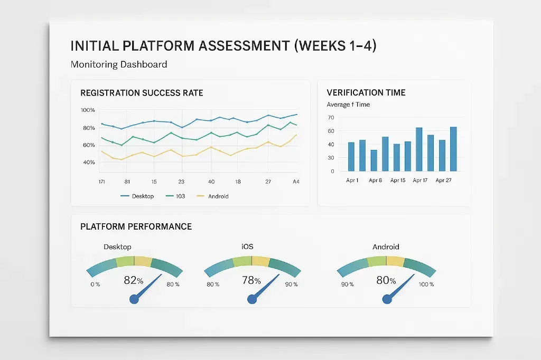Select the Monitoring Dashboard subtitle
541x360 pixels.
coord(119,64)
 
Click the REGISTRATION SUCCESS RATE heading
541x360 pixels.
coord(142,93)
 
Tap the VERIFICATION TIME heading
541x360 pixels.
coord(366,92)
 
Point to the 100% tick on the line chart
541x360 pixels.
coord(88,110)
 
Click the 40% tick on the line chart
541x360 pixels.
coord(88,162)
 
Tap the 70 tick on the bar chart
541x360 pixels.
coord(331,118)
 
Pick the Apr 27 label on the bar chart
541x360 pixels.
coord(443,181)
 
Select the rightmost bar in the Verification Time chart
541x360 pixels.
coord(453,149)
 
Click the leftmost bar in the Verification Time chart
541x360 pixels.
coord(351,156)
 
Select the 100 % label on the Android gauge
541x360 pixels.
coord(425,285)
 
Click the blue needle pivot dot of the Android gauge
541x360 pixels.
coord(387,299)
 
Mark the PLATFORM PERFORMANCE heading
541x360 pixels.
coord(136,226)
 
